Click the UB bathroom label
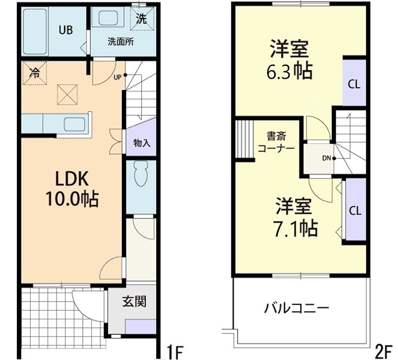tap(66, 30)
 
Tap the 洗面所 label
tap(120, 42)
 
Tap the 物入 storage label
tap(142, 143)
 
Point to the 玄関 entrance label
tap(134, 301)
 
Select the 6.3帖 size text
tap(290, 72)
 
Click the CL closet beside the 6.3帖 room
tap(354, 84)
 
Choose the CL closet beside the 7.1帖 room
tap(355, 210)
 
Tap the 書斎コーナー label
tap(275, 142)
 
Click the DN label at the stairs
tap(326, 159)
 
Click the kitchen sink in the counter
tap(75, 123)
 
